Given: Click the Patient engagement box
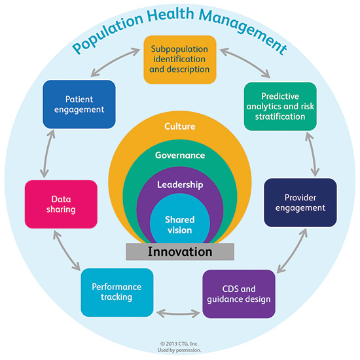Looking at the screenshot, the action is (79, 104).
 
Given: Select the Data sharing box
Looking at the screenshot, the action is (61, 204).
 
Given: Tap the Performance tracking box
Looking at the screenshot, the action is (117, 293).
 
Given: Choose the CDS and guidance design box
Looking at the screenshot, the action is (239, 294).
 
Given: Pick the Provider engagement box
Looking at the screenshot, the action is (300, 203).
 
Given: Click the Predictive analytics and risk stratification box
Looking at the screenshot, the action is (280, 107).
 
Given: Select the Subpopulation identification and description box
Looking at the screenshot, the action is (180, 60).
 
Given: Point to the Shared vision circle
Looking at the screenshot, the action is (180, 219).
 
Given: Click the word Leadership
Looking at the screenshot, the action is (180, 185).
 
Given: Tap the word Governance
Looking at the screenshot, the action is (180, 155).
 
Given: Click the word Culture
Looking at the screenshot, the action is (180, 126).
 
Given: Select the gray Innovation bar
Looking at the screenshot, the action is (180, 251).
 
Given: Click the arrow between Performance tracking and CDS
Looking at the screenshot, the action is (178, 313).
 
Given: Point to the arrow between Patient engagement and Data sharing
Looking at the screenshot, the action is (47, 154).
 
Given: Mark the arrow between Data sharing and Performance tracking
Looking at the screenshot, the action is (67, 251).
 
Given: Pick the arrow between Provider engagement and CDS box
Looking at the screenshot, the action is (293, 251).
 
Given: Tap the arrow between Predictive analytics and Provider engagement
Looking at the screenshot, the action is (312, 154).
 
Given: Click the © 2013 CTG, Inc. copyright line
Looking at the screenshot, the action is (179, 344).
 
